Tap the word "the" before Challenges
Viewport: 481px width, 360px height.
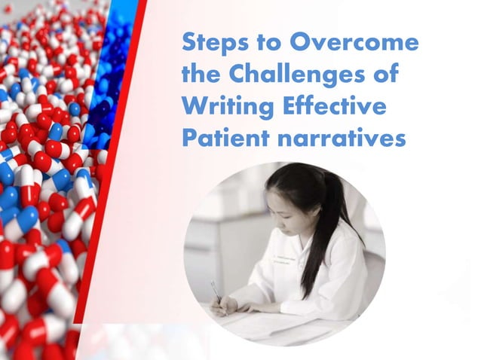coord(203,75)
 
